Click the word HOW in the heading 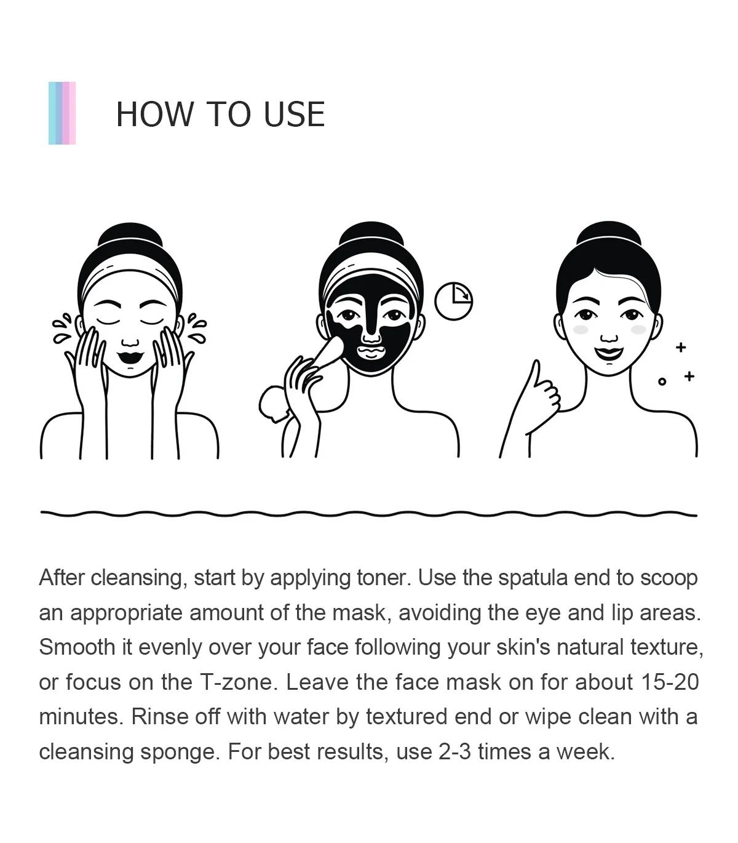(x=154, y=114)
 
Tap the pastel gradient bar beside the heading (x=61, y=113)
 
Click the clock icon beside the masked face (x=453, y=301)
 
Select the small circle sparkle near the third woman (x=662, y=382)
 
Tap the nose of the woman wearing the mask (x=371, y=330)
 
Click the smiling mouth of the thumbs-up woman (x=609, y=353)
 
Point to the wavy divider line (x=368, y=513)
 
